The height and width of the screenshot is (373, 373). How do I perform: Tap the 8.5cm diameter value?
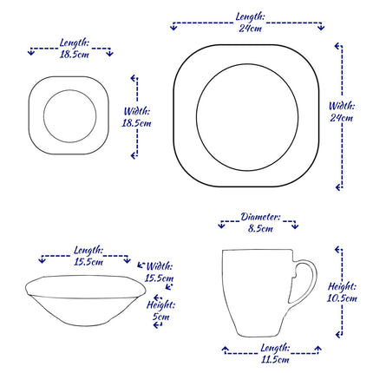click(260, 228)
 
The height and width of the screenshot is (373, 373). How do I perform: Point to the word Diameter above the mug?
click(260, 215)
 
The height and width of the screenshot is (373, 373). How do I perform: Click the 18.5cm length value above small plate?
click(72, 53)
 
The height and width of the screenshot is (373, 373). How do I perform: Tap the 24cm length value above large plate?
click(251, 28)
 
